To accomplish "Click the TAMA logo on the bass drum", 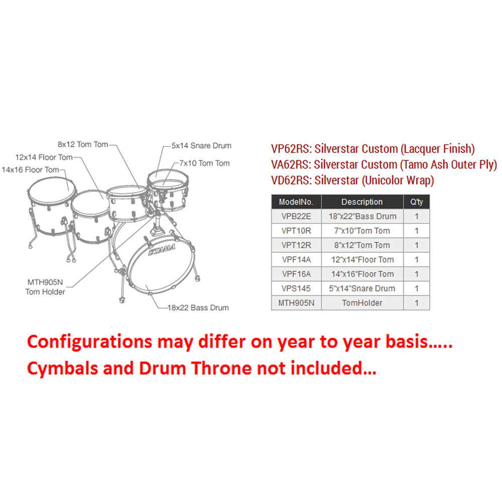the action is (161, 250).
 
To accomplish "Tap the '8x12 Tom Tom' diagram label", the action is (83, 144).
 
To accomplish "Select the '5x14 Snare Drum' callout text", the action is (202, 145).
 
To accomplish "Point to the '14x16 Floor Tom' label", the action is (31, 170).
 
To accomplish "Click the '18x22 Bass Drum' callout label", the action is (198, 307).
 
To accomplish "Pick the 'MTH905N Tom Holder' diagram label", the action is (45, 287).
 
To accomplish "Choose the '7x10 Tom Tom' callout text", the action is (205, 163).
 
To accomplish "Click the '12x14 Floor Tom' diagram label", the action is (44, 157).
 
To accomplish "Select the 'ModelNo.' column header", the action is (296, 202).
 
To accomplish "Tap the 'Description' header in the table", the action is (362, 202).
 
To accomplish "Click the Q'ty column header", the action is (417, 202).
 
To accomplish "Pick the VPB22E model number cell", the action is (296, 217).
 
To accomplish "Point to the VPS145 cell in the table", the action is (296, 288).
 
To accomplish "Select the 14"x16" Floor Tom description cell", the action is (362, 274).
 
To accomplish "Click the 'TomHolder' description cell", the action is (362, 303).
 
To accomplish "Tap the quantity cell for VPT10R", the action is (417, 231).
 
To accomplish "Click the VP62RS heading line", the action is (373, 149).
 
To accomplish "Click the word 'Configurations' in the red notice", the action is (90, 342).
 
